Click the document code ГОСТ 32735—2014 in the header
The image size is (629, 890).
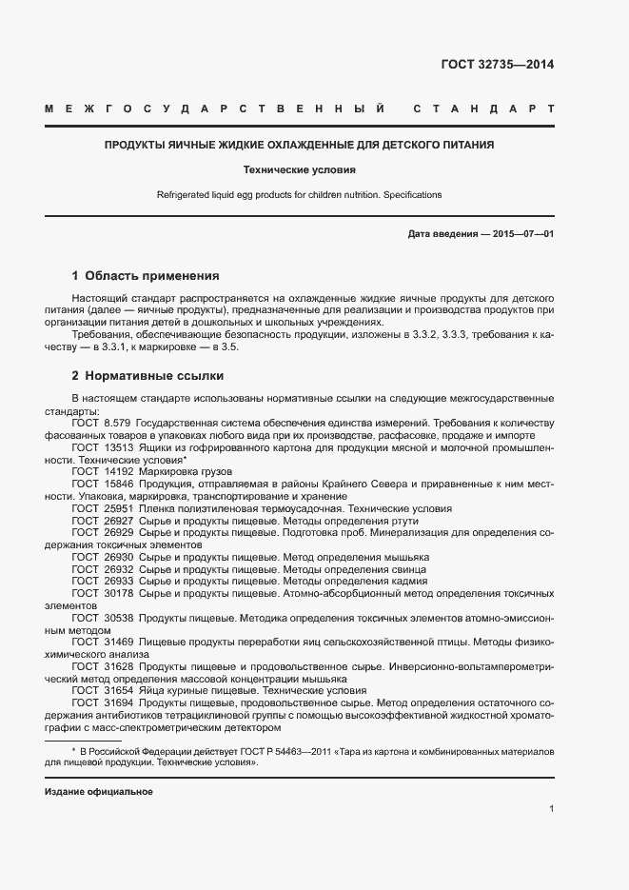[497, 65]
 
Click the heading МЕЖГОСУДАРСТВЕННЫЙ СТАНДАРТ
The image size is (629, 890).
[299, 109]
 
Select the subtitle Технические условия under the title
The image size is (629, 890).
[299, 170]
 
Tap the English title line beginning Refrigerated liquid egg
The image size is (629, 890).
[299, 195]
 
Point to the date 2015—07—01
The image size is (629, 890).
[522, 234]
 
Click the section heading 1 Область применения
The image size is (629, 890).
[146, 276]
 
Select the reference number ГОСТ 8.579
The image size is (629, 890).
[100, 421]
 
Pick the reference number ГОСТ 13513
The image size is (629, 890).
[100, 446]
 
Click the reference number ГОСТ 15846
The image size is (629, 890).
[100, 484]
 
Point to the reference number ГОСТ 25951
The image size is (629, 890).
[100, 509]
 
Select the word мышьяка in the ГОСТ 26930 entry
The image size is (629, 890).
[408, 556]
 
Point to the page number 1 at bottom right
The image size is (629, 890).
[551, 808]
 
